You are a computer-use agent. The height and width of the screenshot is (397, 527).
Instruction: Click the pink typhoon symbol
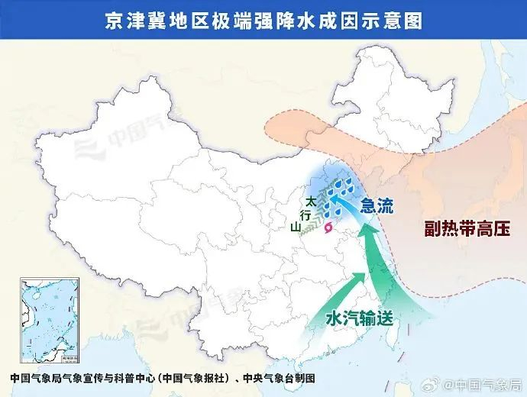point(328,228)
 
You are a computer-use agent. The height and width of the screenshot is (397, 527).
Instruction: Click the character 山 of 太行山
point(296,226)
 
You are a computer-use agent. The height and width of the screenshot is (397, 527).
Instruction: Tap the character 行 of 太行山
point(304,215)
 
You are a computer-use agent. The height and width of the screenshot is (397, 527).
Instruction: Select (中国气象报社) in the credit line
point(195,378)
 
